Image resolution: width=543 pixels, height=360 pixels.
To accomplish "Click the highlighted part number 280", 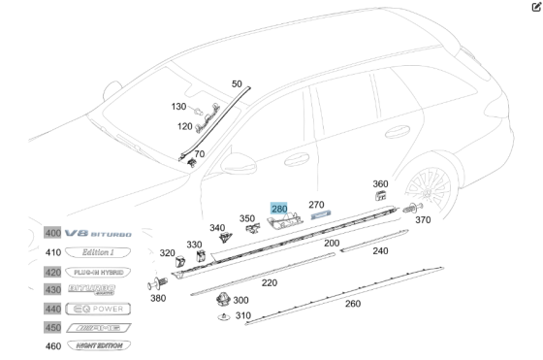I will point(279,209).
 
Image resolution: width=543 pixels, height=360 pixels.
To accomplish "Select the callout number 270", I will point(316,205).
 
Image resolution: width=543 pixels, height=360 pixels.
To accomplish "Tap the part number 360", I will point(380,184).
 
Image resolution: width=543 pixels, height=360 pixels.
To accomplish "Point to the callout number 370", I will point(423,221).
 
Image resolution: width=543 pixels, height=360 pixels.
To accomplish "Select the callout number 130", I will point(178,107).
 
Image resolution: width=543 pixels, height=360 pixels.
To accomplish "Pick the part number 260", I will point(352,303).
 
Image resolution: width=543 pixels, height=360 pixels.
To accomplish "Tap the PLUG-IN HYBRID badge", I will point(96,272).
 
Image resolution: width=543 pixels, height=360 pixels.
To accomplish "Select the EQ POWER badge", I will point(96,309).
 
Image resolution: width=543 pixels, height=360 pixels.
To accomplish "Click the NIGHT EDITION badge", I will point(96,345).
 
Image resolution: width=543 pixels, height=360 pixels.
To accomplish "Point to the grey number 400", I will point(52,234).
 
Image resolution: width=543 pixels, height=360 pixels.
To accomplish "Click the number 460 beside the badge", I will point(52,345).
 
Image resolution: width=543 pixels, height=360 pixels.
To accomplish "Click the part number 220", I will point(269,283).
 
